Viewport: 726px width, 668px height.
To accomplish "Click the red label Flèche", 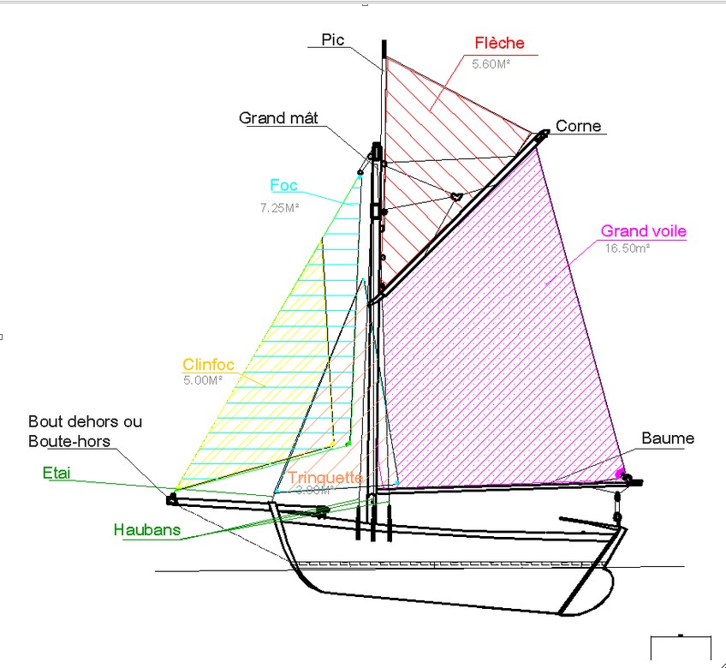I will click(x=499, y=44).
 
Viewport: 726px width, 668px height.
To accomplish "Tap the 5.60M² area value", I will click(x=491, y=63).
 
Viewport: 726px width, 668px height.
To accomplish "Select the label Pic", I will click(x=332, y=39).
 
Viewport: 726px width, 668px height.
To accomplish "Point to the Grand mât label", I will click(x=278, y=118).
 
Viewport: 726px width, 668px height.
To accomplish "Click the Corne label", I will click(x=579, y=127).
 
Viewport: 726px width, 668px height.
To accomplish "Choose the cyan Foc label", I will click(x=284, y=185).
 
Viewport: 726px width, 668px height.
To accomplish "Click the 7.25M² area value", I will click(x=279, y=207).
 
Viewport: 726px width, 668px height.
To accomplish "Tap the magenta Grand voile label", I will click(x=643, y=231).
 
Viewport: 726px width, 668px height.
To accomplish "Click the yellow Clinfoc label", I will click(x=208, y=365).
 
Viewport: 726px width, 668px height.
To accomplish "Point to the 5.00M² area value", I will click(x=203, y=380).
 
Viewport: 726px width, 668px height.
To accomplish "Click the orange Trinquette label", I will click(x=325, y=478).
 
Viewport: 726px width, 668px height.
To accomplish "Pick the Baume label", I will click(x=668, y=438).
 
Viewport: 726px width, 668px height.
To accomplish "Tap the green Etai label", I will click(x=57, y=472).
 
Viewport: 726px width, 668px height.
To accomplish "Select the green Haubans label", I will click(x=146, y=530).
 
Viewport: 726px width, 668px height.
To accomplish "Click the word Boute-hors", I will click(x=69, y=441).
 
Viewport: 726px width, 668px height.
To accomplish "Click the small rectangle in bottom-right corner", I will click(x=681, y=648).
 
